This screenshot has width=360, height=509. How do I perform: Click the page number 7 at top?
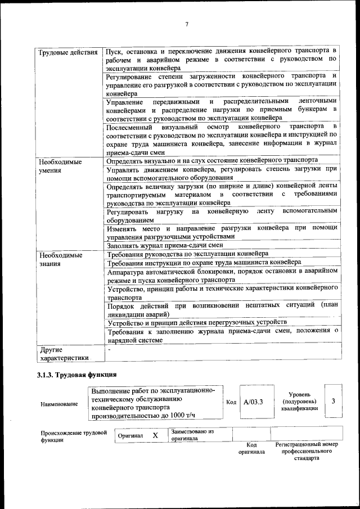[x=186, y=23]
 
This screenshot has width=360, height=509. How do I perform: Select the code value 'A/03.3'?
[x=254, y=402]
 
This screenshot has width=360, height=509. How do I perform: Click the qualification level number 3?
[x=334, y=401]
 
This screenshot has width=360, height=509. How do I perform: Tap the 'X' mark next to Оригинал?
[x=155, y=435]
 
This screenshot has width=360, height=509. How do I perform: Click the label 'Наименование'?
[x=59, y=404]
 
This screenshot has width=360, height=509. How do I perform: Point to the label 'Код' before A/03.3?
[x=231, y=402]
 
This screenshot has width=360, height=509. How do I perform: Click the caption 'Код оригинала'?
[x=251, y=448]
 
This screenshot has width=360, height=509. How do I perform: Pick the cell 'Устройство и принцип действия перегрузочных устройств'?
[x=193, y=323]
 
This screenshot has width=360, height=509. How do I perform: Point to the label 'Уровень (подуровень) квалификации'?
[x=299, y=402]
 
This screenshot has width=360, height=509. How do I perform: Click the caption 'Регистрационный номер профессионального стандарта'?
[x=307, y=451]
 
